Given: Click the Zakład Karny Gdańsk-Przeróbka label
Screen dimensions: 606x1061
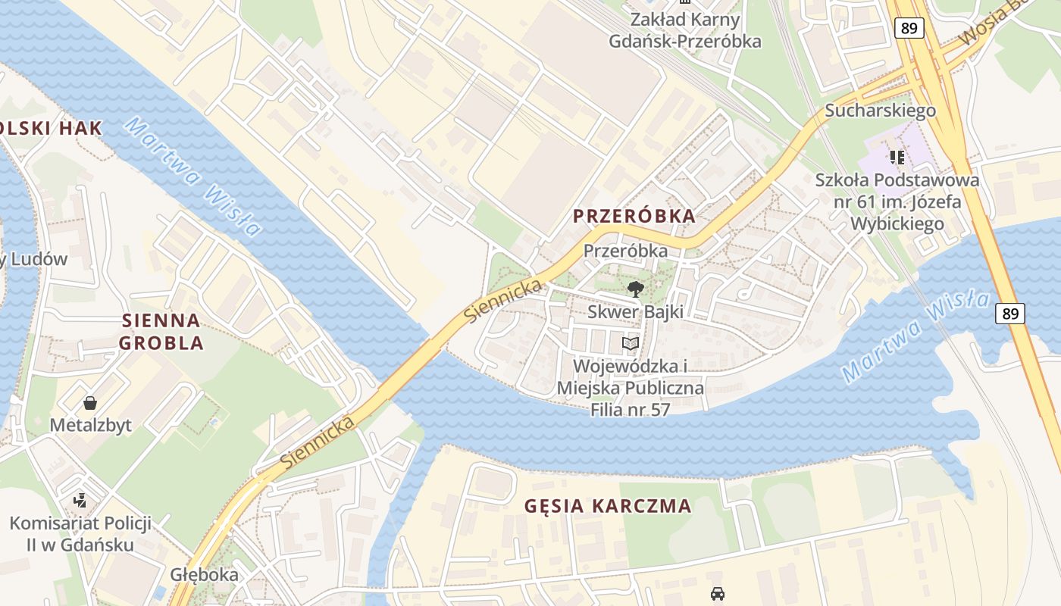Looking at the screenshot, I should click(685, 31).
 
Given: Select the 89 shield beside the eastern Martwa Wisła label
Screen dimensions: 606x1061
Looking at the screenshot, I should click(1011, 313).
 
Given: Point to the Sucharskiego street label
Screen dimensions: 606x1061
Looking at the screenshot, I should click(880, 111).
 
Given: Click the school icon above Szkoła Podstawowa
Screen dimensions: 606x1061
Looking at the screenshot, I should click(897, 158).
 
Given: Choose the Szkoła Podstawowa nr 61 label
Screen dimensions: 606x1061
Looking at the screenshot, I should click(897, 201).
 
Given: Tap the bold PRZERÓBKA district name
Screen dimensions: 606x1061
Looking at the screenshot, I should click(634, 216).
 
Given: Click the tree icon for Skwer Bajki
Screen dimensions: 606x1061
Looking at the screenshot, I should click(635, 289).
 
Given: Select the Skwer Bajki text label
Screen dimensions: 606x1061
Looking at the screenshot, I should click(635, 311).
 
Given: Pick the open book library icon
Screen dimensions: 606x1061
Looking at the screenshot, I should click(631, 343).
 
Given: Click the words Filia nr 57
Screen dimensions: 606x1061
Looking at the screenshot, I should click(630, 410).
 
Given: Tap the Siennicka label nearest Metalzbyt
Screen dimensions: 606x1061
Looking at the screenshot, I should click(317, 440).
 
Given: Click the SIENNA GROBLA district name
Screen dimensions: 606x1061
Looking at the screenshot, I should click(161, 332).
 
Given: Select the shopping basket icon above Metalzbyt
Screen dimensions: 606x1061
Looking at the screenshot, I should click(90, 402).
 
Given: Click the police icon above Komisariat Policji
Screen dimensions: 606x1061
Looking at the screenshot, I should click(80, 500).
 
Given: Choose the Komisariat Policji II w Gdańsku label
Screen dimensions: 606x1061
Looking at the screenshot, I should click(80, 534).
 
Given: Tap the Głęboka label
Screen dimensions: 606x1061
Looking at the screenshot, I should click(204, 574).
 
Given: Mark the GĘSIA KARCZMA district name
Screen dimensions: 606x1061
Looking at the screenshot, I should click(608, 506).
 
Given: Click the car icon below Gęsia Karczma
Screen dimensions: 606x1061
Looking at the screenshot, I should click(717, 593).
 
